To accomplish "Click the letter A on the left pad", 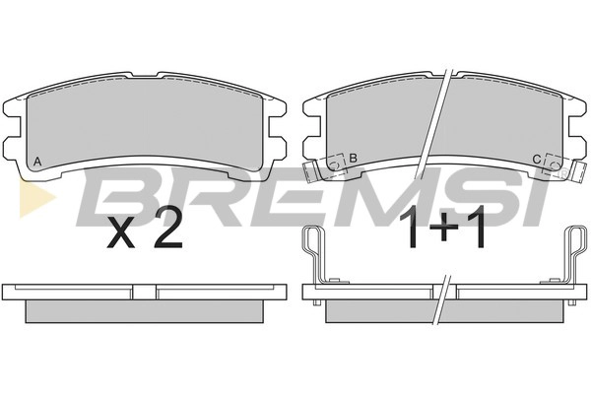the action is pos(37,162).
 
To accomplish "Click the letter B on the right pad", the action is pos(353,158).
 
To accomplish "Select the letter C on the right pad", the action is pos(537,160).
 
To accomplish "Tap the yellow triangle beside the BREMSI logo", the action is pos(35,198).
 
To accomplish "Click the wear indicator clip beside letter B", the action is pos(325,167).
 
